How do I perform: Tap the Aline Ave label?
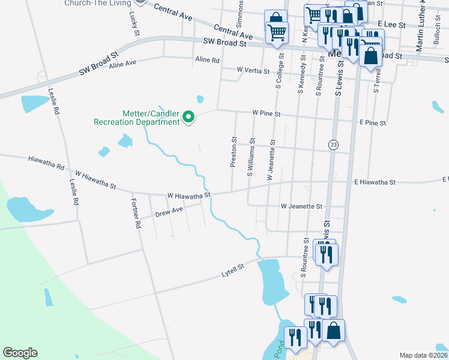pyautogui.click(x=122, y=63)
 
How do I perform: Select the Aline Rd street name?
pyautogui.click(x=208, y=60)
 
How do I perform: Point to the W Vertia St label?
pyautogui.click(x=253, y=71)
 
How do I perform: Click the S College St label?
pyautogui.click(x=279, y=71)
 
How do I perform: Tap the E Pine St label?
pyautogui.click(x=372, y=122)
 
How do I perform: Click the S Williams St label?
pyautogui.click(x=252, y=158)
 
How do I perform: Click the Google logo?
pyautogui.click(x=20, y=353)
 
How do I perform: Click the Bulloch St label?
pyautogui.click(x=436, y=41)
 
